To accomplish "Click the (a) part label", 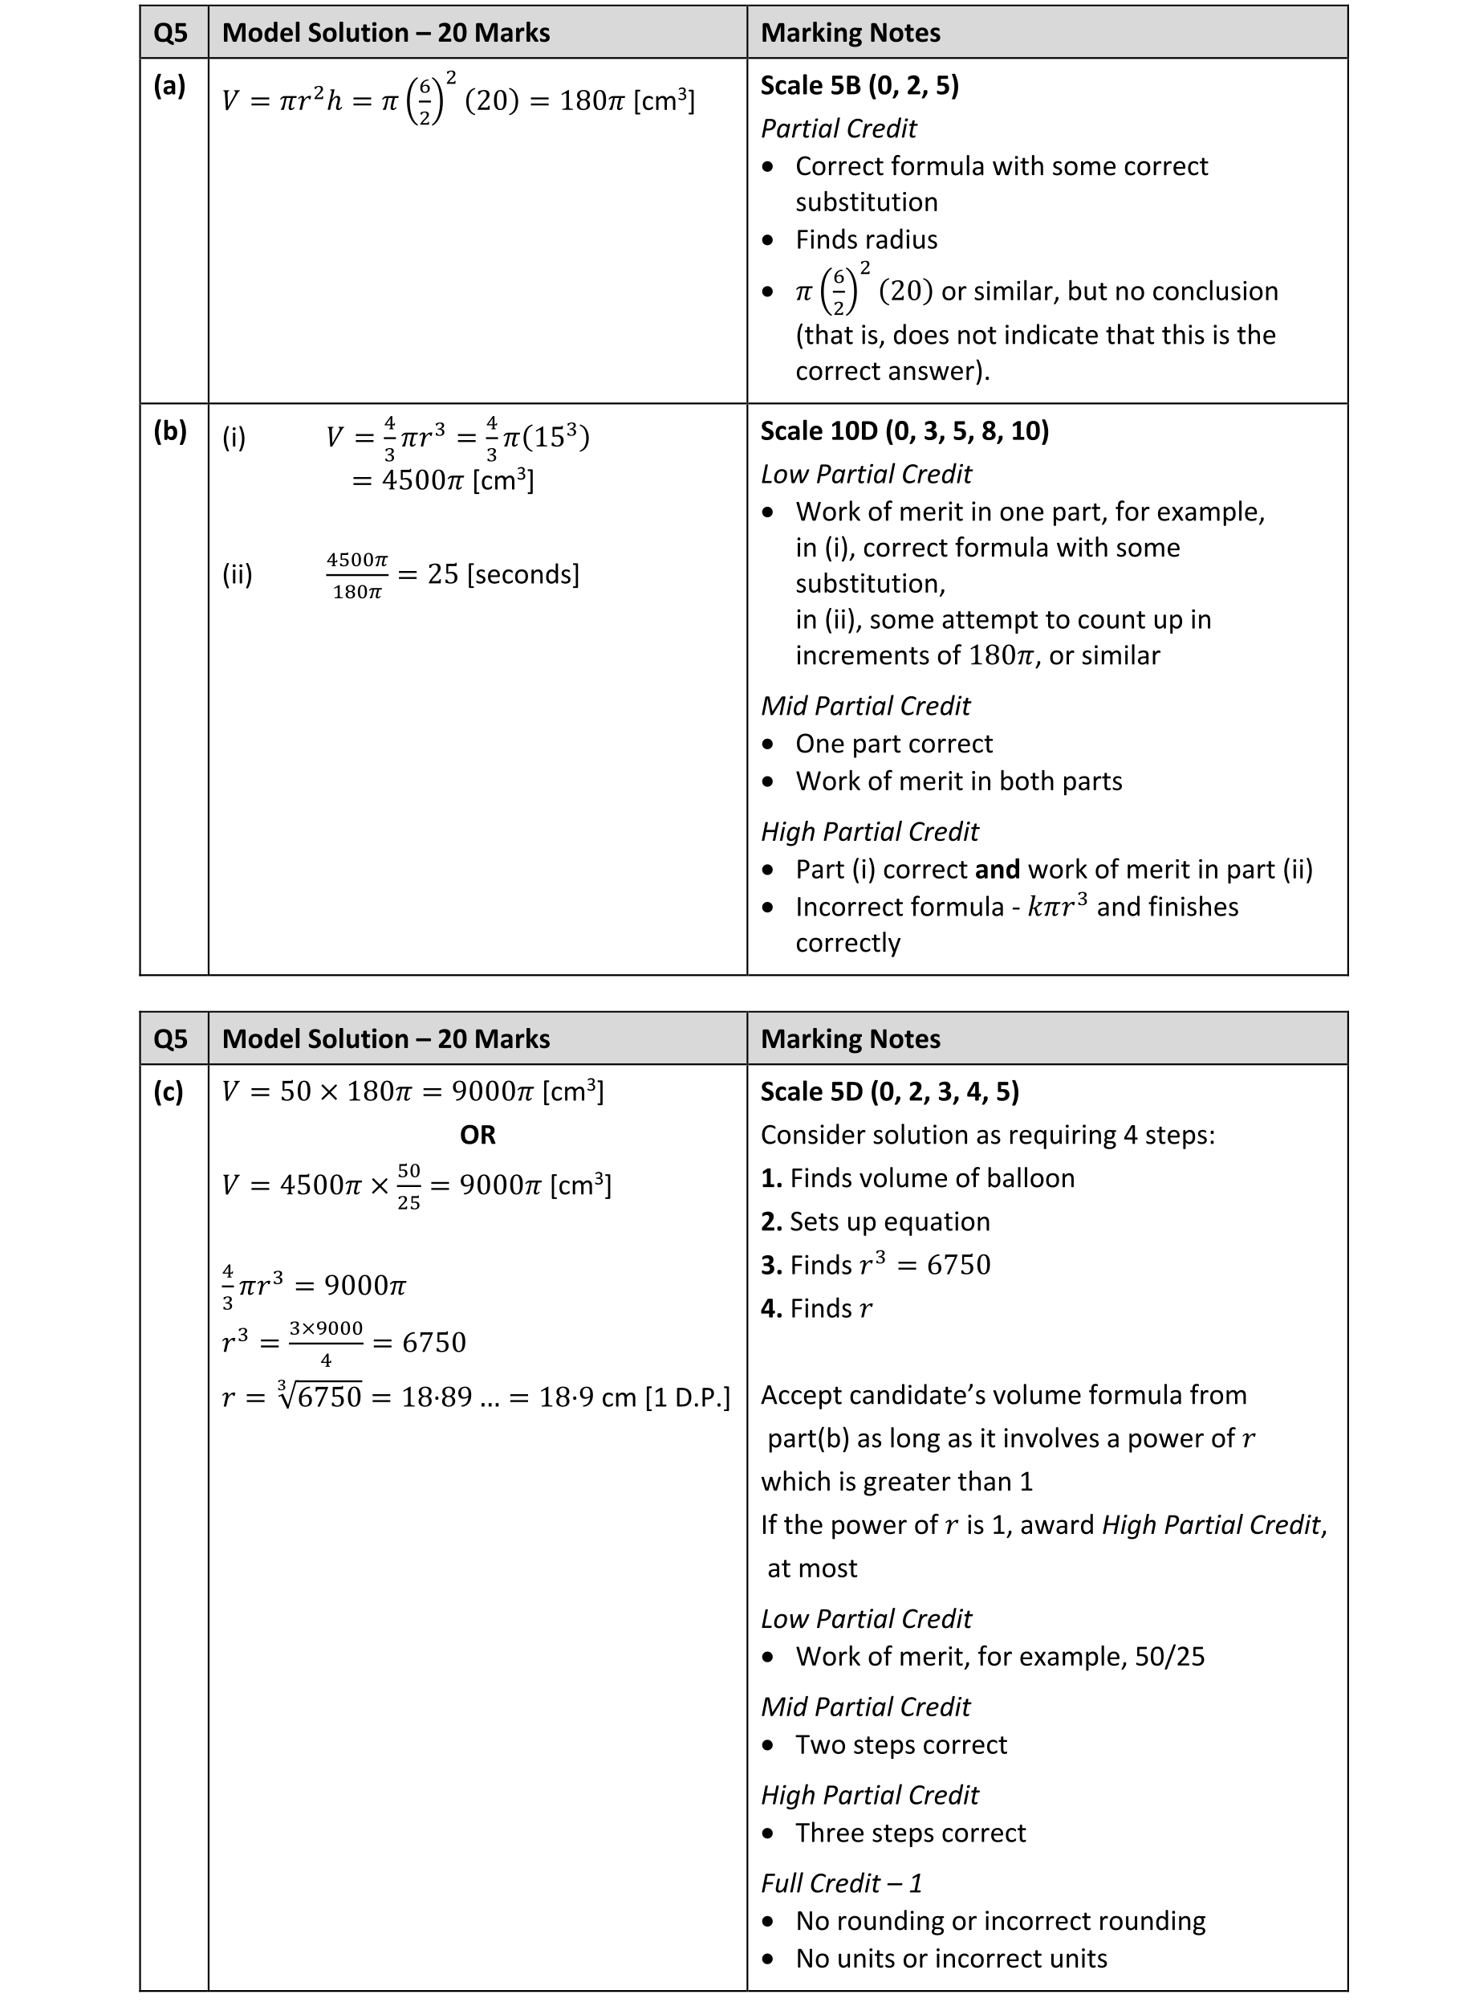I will [169, 86].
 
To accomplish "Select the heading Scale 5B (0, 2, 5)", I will [859, 85].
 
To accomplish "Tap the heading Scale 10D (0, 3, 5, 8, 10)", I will [904, 431].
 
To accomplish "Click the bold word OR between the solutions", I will [477, 1135].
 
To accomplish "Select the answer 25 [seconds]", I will [502, 574].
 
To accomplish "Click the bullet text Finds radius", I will [866, 240].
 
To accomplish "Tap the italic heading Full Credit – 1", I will [841, 1882].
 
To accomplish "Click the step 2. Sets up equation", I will [875, 1222].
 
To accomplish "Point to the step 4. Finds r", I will [816, 1307].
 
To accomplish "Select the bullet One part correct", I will [893, 744].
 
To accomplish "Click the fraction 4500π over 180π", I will [357, 576].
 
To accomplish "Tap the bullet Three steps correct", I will [910, 1832].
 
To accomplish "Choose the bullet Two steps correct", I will [900, 1744].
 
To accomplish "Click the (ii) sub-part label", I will [237, 575].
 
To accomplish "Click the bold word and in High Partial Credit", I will [997, 869].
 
